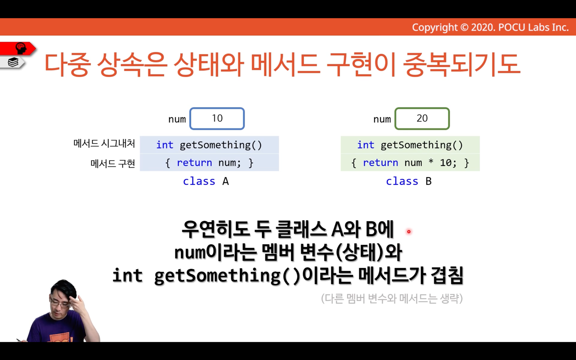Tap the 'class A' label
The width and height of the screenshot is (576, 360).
tap(206, 181)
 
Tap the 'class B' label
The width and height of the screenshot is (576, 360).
tap(409, 181)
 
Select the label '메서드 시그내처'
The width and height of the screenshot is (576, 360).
tap(104, 144)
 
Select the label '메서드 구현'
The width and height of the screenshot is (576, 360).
tap(113, 163)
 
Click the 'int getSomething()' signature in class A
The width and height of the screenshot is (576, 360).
tap(209, 145)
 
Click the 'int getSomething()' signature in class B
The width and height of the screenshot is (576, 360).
tap(410, 145)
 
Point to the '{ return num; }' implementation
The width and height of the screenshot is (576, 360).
tap(209, 163)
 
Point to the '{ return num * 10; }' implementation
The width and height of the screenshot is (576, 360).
tap(410, 163)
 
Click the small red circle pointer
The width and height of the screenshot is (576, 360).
tap(409, 232)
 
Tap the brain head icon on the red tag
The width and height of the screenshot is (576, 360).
tap(21, 48)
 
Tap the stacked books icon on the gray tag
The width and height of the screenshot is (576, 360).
tap(13, 62)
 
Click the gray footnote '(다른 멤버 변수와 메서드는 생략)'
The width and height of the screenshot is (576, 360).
tap(392, 299)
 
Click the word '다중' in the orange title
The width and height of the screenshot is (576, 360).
tap(67, 64)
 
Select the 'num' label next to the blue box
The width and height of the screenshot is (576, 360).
tap(177, 119)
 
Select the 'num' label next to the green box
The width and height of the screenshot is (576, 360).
tap(382, 119)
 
